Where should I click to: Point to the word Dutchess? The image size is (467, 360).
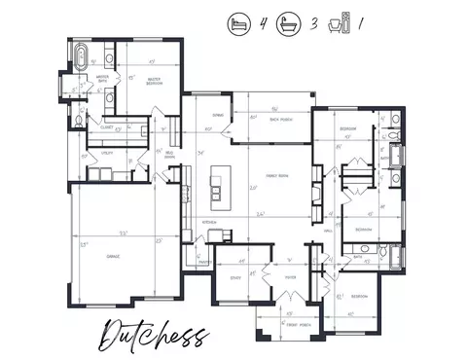click(154, 334)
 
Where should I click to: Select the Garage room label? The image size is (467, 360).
click(114, 256)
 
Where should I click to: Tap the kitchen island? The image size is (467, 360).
click(219, 188)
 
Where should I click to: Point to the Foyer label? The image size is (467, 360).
click(289, 277)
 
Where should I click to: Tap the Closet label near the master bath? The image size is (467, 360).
click(108, 125)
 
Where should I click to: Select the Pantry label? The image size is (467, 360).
click(205, 261)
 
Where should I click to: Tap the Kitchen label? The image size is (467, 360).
click(207, 223)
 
